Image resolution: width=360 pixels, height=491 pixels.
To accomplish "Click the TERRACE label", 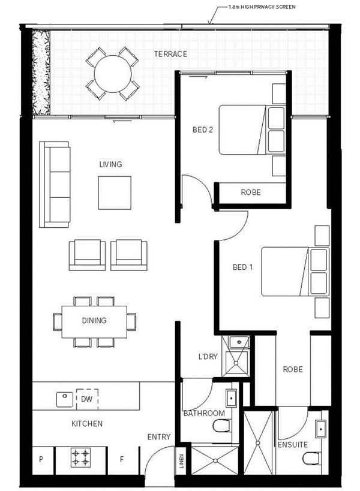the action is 170,54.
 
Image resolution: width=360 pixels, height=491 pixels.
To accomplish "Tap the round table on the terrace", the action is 112,74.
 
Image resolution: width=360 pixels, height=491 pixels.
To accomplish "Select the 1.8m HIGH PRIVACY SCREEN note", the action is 262,7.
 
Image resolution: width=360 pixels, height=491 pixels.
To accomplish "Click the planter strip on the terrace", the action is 41,73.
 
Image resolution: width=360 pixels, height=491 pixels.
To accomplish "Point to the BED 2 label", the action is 202,129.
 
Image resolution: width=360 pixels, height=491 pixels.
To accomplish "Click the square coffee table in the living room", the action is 115,192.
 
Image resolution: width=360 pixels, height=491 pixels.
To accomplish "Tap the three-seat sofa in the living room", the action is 55,185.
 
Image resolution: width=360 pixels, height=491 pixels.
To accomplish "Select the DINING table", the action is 94,322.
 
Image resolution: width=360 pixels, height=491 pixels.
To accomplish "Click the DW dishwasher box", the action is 87,399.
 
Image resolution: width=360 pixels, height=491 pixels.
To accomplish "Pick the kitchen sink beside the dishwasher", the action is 65,399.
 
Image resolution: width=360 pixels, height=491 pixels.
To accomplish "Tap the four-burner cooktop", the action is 80,457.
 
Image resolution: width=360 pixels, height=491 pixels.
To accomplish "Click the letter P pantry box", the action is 41,460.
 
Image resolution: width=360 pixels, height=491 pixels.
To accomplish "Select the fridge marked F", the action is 122,460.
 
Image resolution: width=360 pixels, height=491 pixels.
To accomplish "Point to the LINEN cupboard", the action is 182,461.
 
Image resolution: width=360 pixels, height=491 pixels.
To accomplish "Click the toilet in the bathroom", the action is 222,426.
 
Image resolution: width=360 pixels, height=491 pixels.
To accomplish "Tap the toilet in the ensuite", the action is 311,459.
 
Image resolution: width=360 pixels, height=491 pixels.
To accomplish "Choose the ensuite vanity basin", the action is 320,429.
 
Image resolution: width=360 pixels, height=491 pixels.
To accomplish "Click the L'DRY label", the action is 208,356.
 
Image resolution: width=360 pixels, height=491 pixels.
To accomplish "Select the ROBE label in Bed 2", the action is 251,192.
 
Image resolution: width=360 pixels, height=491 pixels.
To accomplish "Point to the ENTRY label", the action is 159,437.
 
